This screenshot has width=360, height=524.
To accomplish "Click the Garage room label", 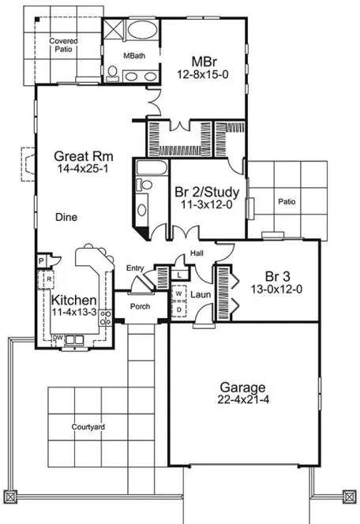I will click(x=242, y=387).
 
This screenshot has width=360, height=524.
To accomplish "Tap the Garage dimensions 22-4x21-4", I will click(x=242, y=400).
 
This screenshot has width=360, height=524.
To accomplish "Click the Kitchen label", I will click(x=74, y=301).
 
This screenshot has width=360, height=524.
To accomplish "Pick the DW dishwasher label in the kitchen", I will click(x=58, y=337).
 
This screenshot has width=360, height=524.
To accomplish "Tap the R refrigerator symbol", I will click(x=48, y=279).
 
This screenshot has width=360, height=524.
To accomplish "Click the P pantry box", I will click(x=40, y=261).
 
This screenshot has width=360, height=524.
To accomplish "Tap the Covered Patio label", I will click(x=61, y=45).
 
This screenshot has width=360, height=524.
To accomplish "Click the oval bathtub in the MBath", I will click(x=142, y=32).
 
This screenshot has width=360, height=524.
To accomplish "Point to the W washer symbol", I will click(x=178, y=294).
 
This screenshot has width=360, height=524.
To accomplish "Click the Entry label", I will click(x=135, y=269).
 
